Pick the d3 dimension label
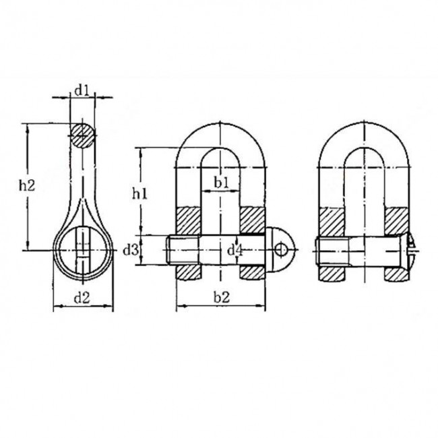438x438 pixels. pos(131,250)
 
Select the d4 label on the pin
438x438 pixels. pos(234,251)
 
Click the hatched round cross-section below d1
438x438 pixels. pos(82,133)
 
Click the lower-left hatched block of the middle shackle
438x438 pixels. pos(189,272)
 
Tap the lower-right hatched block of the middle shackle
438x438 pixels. pos(253,272)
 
